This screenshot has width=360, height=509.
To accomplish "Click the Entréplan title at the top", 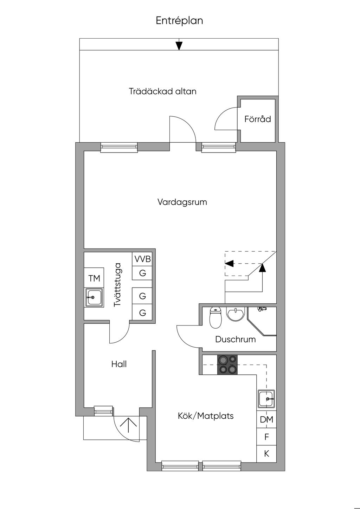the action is click(179, 21).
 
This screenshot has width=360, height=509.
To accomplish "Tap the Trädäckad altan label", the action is click(163, 91).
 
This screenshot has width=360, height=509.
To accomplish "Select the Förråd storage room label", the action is click(257, 119).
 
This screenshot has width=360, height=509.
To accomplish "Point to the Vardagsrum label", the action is click(182, 202).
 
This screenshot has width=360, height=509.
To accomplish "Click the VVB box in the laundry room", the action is click(142, 259).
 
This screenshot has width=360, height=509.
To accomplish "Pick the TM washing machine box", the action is click(94, 278).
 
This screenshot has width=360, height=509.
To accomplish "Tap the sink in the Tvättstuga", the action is click(94, 297).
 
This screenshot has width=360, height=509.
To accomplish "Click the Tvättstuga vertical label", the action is click(117, 285).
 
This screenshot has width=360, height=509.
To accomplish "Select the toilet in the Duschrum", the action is click(216, 318).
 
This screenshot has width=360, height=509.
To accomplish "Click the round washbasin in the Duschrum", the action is click(236, 314).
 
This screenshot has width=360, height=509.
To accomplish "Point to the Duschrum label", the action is click(236, 339).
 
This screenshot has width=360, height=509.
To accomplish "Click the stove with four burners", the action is click(227, 365).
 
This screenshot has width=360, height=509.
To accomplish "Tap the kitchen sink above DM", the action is click(266, 399).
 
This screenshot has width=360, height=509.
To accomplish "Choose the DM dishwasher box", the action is click(266, 419).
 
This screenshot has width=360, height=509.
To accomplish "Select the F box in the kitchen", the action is click(266, 437).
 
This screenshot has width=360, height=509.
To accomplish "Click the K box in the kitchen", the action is click(266, 454).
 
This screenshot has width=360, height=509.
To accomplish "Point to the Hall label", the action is click(119, 364).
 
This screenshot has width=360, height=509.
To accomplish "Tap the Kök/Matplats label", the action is click(206, 416).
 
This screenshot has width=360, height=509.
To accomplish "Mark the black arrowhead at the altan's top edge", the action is click(179, 46).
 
